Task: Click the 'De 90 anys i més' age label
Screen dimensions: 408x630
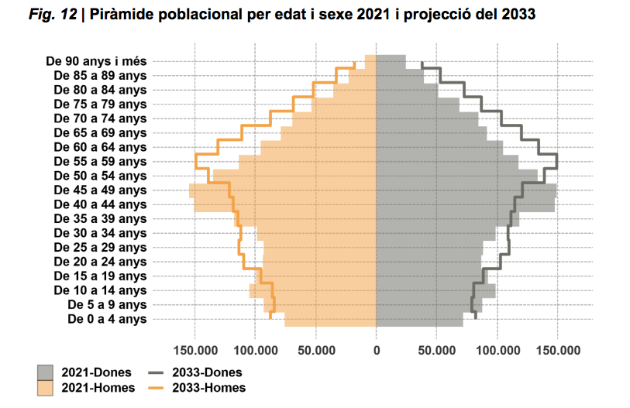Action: pos(96,61)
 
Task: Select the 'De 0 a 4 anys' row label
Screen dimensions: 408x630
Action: pos(107,319)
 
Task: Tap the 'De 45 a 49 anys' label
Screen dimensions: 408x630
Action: pos(101,190)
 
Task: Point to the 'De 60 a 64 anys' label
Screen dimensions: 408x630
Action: pos(101,147)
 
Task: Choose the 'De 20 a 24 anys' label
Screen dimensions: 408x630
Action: pos(101,262)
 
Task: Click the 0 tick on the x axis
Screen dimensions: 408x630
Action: pos(377,351)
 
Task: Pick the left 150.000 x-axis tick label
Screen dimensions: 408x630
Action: pos(195,351)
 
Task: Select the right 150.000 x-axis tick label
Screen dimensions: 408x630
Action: pos(558,351)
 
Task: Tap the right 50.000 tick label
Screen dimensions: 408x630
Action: pos(436,351)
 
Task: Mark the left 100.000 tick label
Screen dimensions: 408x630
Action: pos(255,351)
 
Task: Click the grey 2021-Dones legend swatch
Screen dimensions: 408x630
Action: pos(46,372)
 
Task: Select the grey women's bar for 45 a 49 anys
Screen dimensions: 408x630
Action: pos(466,190)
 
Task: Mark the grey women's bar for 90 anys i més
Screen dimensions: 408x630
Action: pos(391,61)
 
